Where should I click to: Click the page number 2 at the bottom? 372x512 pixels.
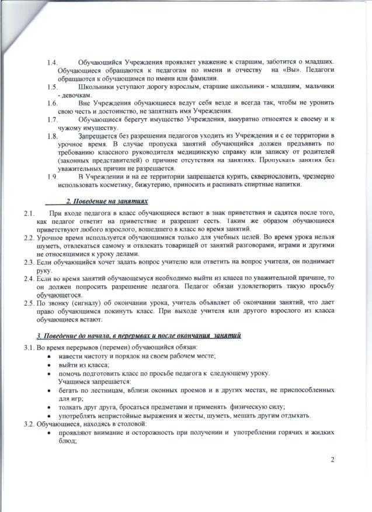[x=332, y=459]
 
